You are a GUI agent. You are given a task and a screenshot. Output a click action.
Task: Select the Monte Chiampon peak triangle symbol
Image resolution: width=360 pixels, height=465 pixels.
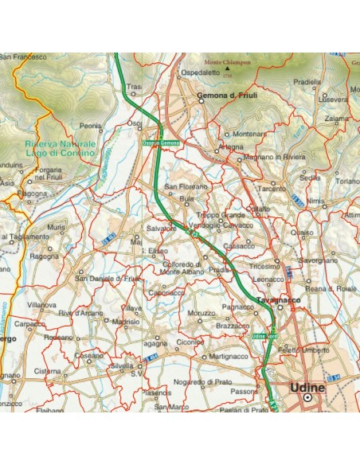tap(228, 69)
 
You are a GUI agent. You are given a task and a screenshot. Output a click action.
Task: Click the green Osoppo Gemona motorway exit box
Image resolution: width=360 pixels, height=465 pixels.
tap(161, 143)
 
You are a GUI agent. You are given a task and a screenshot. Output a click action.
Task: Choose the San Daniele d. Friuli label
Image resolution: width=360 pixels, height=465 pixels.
tap(108, 278)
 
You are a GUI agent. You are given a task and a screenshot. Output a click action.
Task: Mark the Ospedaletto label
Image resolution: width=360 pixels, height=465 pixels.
tap(200, 72)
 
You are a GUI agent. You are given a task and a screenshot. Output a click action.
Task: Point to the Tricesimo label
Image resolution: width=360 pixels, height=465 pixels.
tap(265, 268)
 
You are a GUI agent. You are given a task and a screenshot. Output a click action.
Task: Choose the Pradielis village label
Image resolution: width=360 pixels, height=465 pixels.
tap(307, 82)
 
